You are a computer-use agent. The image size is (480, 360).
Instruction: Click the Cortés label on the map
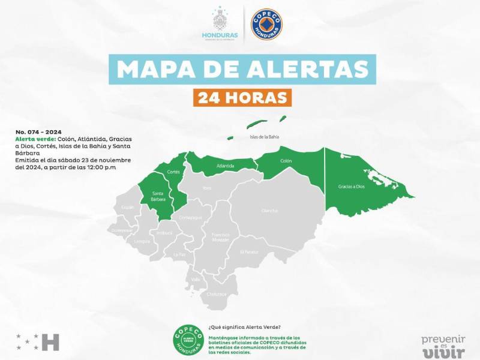174,172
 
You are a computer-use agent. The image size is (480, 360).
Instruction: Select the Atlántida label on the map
226,166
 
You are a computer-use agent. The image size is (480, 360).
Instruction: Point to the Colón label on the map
286,161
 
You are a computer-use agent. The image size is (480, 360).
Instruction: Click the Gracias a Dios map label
352,187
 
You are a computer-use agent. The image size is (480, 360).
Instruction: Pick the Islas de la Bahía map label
264,137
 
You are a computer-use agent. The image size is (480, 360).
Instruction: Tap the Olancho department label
269,211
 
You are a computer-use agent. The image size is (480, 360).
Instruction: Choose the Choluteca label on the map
217,294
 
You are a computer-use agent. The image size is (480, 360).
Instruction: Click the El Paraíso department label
250,252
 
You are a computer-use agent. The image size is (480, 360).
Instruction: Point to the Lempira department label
142,241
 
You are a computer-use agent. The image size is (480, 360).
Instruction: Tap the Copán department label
128,207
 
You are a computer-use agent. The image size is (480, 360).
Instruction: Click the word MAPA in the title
152,69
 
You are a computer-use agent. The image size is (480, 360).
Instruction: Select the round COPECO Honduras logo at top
266,25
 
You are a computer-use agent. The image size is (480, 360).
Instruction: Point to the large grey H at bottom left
52,342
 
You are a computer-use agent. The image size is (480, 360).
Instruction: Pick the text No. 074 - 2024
39,131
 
